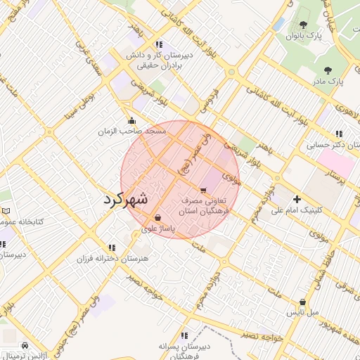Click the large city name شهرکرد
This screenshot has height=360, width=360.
(x=126, y=198)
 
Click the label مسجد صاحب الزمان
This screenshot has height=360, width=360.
(x=132, y=131)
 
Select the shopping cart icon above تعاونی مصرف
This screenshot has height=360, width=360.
(x=203, y=190)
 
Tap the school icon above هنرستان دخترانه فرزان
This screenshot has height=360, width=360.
(x=112, y=247)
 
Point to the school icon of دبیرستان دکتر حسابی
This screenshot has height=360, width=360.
(x=340, y=134)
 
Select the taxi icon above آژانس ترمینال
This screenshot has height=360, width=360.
(x=25, y=345)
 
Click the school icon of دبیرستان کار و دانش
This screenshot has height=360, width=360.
(x=159, y=44)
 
